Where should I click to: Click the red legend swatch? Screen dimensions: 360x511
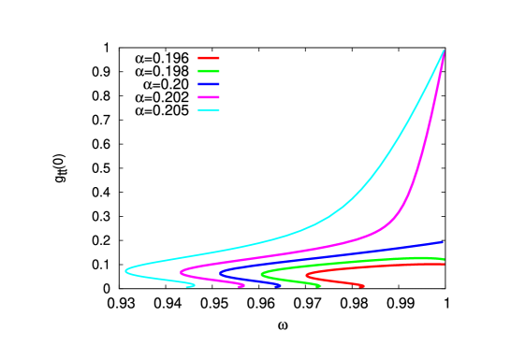pos(209,58)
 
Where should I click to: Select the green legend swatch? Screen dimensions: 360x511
pos(209,71)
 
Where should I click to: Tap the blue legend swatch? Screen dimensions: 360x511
pos(209,84)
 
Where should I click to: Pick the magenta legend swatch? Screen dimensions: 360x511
pos(209,97)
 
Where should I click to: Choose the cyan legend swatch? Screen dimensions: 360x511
pos(209,110)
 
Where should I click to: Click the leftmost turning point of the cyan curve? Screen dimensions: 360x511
pos(126,271)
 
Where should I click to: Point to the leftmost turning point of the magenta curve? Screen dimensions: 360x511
pos(181,272)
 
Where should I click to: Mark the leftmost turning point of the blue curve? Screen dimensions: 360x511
pos(221,274)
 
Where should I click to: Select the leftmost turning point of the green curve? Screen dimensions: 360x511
pos(262,275)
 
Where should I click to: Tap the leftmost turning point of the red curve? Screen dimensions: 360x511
pos(307,277)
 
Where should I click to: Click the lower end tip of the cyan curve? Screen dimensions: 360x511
pos(193,286)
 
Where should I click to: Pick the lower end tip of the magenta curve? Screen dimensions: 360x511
pos(242,286)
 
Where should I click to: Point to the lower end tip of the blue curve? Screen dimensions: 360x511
pos(281,286)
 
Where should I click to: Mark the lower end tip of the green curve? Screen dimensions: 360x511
pos(320,286)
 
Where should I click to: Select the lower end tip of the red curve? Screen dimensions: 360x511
pos(362,286)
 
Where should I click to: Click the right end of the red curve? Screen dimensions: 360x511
pos(444,264)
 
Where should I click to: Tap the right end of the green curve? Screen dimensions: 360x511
pos(444,259)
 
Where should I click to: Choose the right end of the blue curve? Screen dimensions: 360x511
pos(442,242)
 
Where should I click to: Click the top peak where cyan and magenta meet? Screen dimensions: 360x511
pos(443,51)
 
